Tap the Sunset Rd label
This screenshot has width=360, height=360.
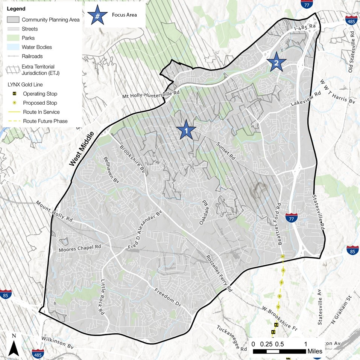coord(226,151)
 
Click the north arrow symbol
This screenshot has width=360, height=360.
coord(14,346)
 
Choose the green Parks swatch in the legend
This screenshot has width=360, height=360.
coord(13,38)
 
